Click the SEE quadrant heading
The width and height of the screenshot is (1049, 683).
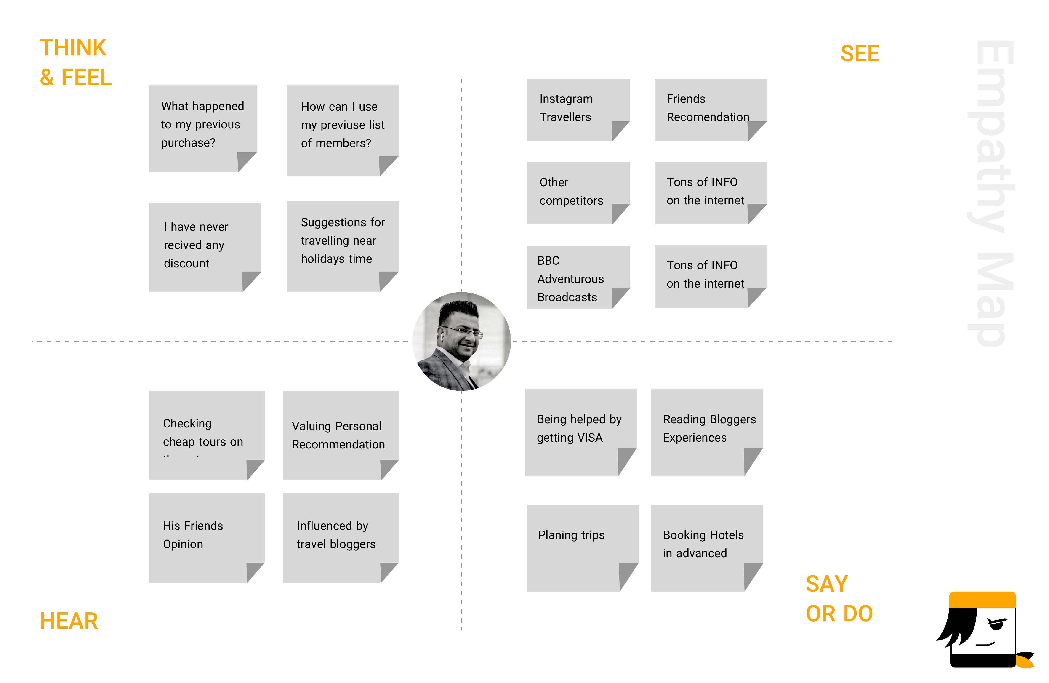click(x=860, y=54)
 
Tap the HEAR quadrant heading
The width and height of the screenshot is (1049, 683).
click(x=69, y=621)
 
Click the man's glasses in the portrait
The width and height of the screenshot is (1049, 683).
click(x=463, y=332)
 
